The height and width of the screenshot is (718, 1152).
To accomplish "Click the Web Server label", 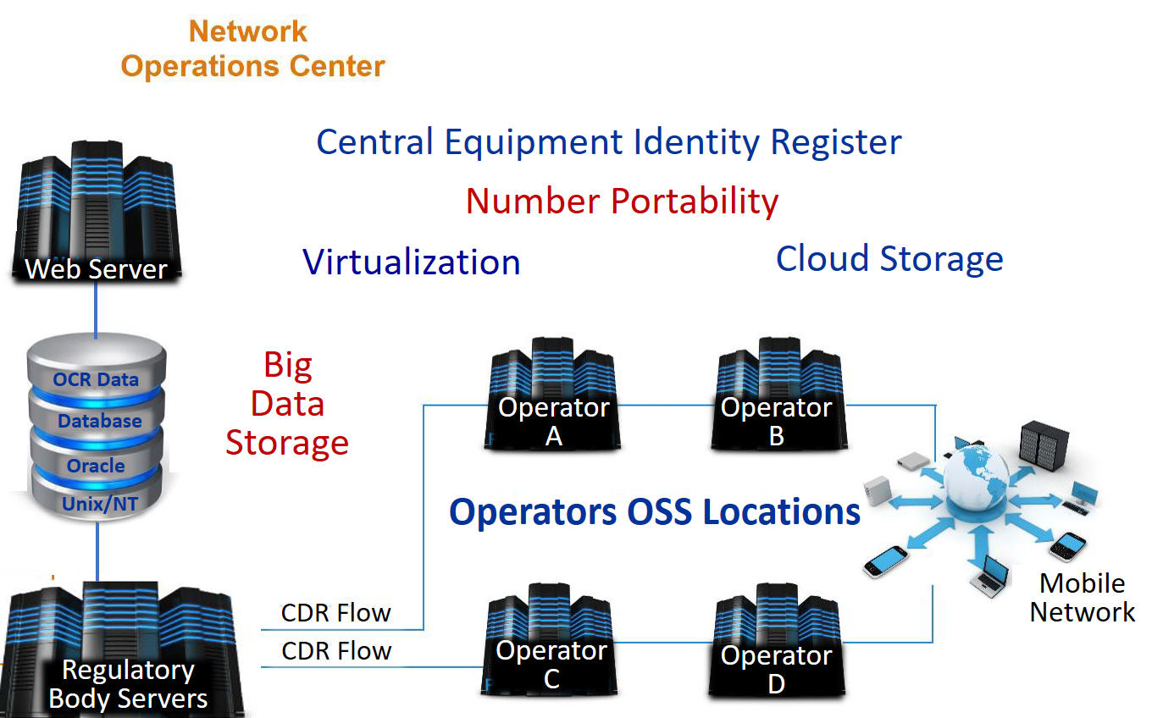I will click(96, 269).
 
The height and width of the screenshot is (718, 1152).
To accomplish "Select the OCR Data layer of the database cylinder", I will click(96, 378).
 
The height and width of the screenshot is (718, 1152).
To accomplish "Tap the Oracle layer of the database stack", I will click(96, 466).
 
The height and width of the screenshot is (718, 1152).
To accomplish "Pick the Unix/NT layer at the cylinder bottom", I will click(99, 505).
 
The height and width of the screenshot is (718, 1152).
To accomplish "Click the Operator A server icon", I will click(554, 395).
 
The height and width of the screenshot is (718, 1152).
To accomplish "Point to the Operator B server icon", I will click(777, 395).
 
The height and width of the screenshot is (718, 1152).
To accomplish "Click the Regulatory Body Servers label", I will click(128, 684).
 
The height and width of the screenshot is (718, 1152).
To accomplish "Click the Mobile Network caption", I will click(1082, 598).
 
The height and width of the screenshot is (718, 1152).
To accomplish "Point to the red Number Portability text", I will click(622, 202).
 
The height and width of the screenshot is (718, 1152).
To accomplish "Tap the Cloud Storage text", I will click(889, 258).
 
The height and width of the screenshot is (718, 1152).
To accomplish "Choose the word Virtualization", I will click(412, 262).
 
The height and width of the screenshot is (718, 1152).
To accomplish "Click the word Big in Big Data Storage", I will click(288, 365).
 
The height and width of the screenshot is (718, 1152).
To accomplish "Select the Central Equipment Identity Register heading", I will click(608, 141).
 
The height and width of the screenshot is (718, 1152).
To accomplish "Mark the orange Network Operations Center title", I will click(252, 49).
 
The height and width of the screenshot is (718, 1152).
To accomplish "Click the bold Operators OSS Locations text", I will click(654, 511).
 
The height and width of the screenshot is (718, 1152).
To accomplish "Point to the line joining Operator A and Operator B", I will click(666, 405).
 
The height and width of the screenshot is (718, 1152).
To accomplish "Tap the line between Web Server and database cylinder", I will click(96, 307).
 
